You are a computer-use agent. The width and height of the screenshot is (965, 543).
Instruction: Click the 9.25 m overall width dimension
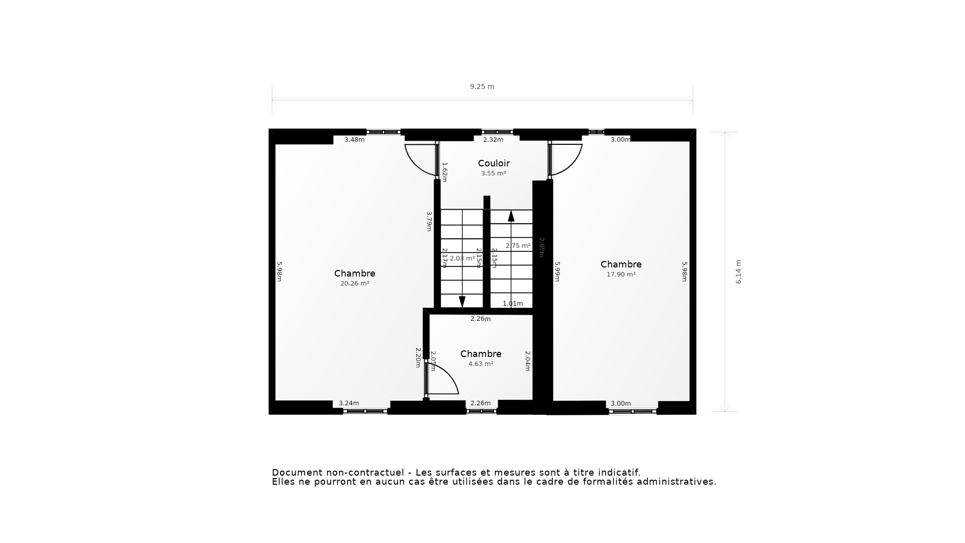(482, 86)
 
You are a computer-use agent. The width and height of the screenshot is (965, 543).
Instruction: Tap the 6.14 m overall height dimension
(738, 271)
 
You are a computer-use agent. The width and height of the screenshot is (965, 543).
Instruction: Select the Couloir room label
(494, 163)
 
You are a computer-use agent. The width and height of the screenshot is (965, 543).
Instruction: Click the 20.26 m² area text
(354, 284)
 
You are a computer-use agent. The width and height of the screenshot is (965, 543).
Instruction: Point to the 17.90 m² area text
(621, 275)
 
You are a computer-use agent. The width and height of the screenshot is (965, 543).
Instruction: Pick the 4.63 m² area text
(480, 364)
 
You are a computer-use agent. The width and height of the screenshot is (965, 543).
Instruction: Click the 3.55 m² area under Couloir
(493, 173)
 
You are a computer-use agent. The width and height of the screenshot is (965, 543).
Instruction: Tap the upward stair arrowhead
(511, 216)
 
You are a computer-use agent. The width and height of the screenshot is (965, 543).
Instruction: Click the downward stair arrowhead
(462, 302)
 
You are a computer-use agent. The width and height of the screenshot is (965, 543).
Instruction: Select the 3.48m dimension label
(354, 140)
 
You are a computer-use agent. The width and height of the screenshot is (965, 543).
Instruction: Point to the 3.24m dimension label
(349, 403)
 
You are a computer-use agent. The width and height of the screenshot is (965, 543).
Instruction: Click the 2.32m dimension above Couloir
(493, 140)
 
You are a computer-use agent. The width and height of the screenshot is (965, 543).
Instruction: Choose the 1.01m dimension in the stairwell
(513, 304)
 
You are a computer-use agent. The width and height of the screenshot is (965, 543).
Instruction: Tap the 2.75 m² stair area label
(518, 246)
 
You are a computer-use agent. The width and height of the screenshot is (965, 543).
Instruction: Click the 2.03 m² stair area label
(462, 258)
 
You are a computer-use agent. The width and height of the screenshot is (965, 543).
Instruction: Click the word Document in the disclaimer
(297, 473)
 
